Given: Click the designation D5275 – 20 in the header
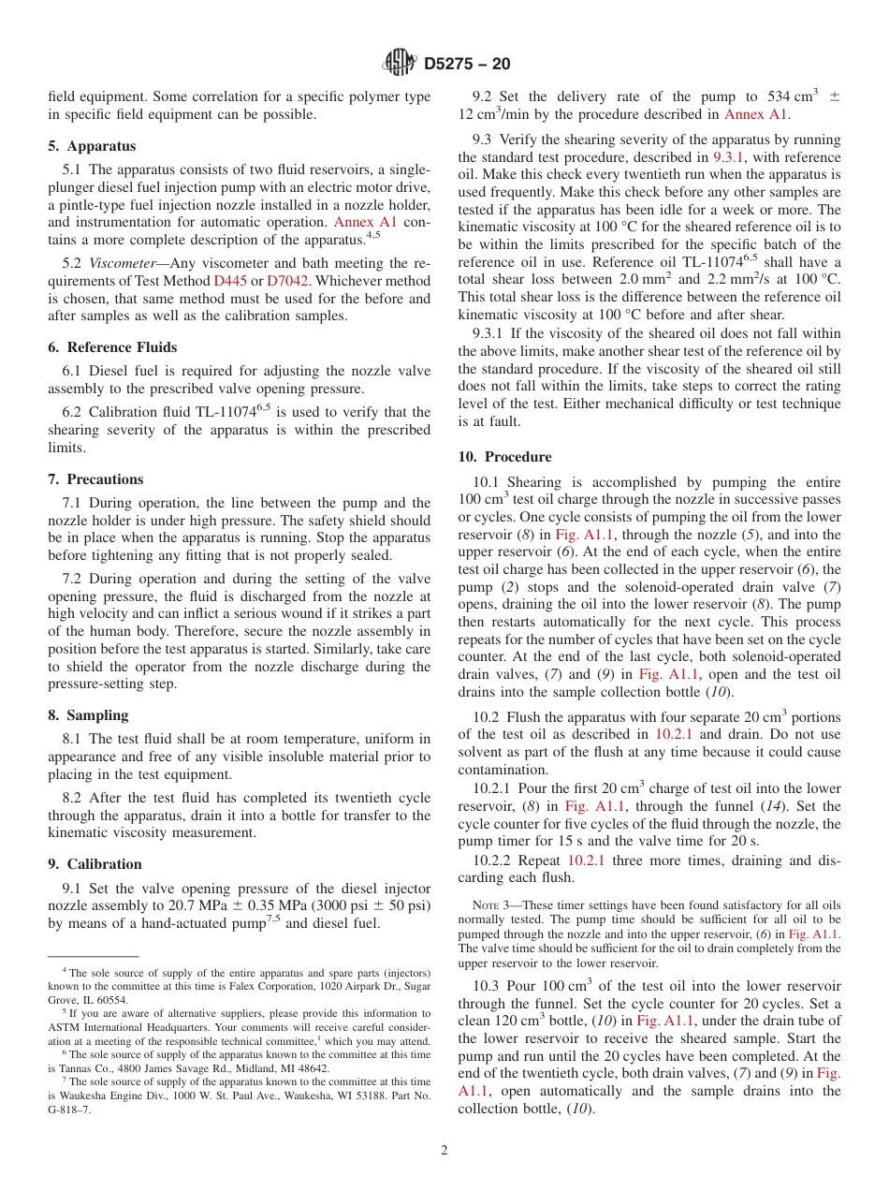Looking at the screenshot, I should (467, 65).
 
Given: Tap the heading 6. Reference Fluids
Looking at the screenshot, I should (112, 347).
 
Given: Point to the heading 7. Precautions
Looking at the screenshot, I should (95, 479).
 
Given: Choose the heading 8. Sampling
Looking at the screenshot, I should (88, 715).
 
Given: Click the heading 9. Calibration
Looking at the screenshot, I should (95, 864).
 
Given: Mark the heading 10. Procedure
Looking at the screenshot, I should (504, 457).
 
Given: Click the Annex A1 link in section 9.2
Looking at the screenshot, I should (756, 114).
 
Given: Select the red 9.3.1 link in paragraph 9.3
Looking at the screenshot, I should (728, 157).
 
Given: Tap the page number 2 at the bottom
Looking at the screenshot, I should (444, 1151).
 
